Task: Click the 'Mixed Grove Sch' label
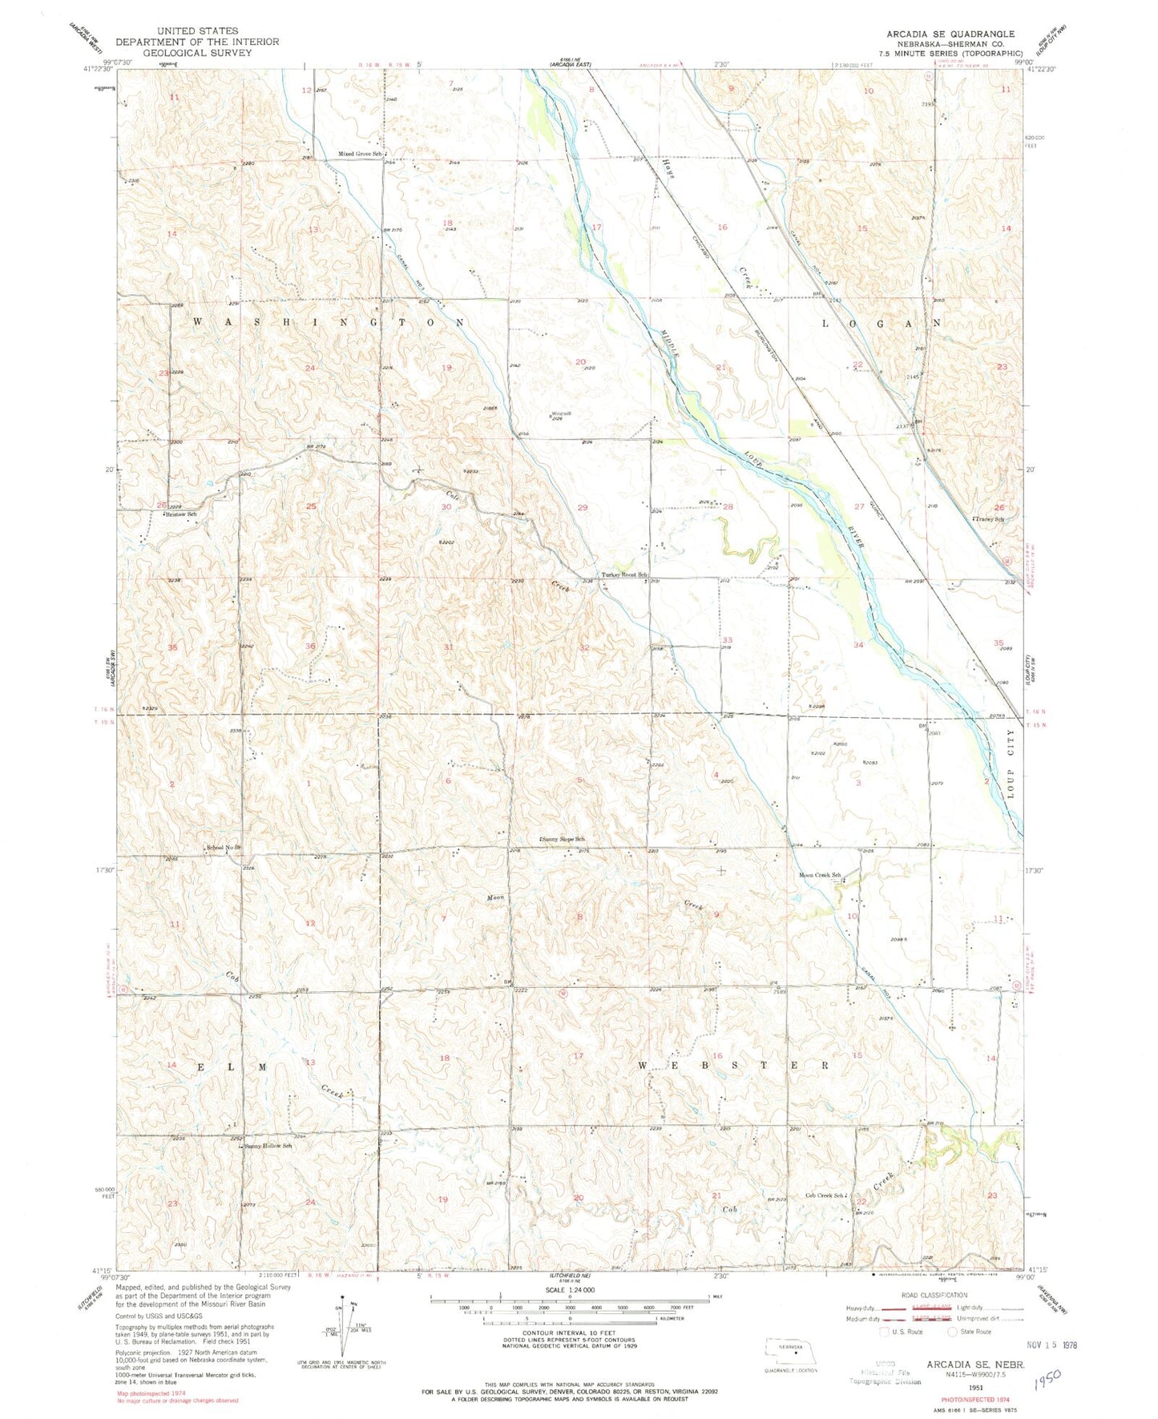coord(358,154)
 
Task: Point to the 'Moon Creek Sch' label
coord(819,875)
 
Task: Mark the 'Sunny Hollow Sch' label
coord(268,1146)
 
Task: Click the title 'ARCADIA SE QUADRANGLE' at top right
coord(949,34)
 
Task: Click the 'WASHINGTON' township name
coord(329,322)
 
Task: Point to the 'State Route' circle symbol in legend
coord(953,1332)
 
